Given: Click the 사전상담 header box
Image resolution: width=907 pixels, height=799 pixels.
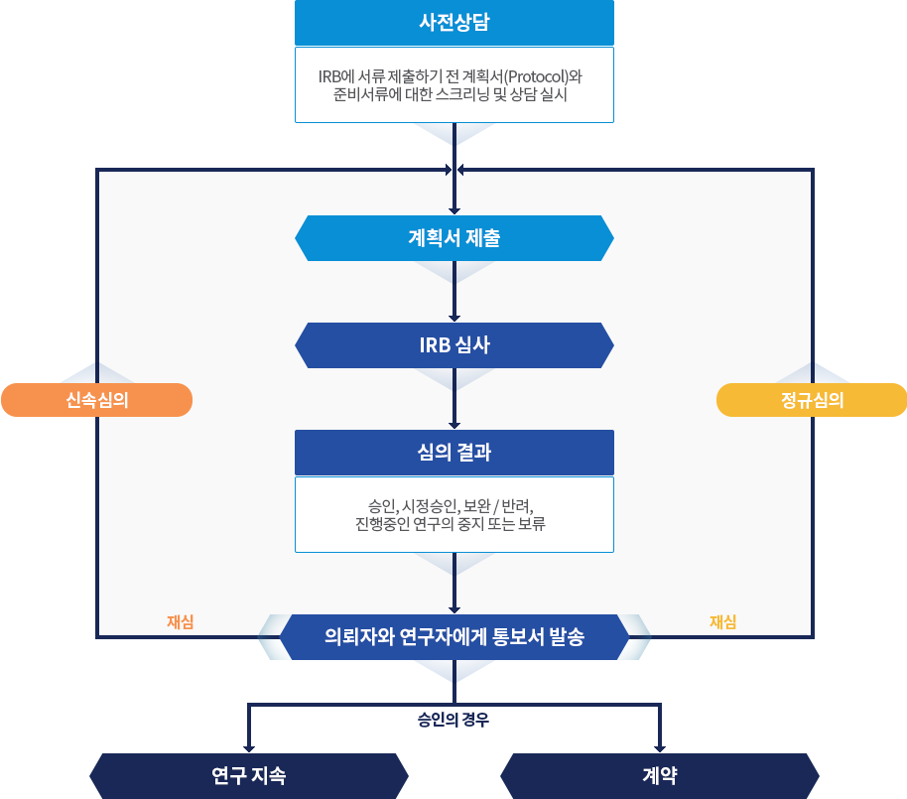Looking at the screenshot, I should click(453, 23).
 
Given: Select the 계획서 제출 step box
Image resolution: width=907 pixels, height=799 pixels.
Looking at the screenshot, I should click(453, 238).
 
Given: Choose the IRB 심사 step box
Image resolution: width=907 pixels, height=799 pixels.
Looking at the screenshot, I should click(453, 345).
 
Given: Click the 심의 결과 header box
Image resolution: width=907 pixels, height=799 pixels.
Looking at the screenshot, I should click(453, 453).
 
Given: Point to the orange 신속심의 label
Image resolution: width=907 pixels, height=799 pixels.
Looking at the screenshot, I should click(96, 400).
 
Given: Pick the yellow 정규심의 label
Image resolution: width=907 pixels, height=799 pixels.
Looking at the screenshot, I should click(812, 400).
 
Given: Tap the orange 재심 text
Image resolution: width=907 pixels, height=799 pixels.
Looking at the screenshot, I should click(180, 622).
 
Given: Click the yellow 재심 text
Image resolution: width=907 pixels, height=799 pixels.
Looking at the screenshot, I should click(722, 622).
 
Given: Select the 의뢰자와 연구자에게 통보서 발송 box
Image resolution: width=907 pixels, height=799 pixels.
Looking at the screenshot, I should click(453, 637).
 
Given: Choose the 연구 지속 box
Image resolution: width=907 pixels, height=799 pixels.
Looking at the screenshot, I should click(248, 776).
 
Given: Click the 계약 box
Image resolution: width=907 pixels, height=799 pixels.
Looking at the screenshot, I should click(660, 776).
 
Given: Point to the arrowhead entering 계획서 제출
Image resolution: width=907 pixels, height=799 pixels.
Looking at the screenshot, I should click(454, 209).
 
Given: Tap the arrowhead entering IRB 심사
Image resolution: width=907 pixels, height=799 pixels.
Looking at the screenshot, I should click(454, 317).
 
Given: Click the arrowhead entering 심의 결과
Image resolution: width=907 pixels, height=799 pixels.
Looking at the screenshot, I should click(454, 424).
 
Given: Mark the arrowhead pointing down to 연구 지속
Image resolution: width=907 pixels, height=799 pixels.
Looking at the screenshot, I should click(248, 746).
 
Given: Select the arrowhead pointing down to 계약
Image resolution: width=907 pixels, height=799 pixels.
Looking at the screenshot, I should click(660, 746).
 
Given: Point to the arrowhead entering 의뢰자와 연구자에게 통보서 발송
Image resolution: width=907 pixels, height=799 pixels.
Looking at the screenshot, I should click(454, 608).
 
